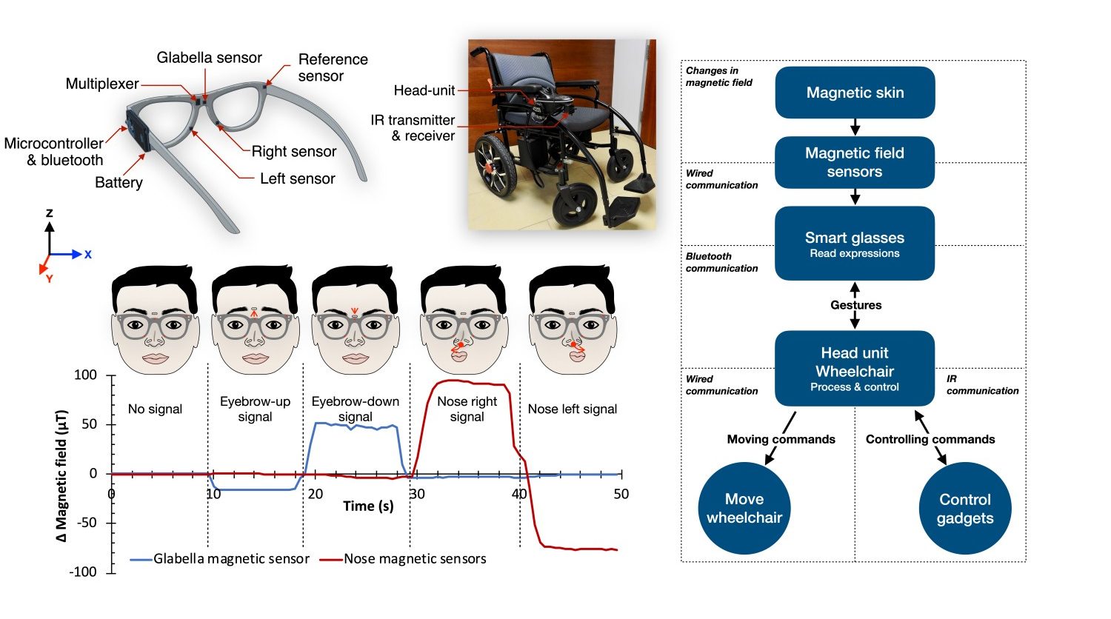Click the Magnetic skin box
[855, 93]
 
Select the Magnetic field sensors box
[855, 162]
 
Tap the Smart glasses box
[855, 243]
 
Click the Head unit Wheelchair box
[855, 368]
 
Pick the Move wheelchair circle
[744, 508]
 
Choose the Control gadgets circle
[964, 508]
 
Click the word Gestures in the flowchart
[855, 305]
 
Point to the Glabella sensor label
[209, 58]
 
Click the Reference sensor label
[332, 67]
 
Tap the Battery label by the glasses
[119, 182]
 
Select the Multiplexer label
[102, 84]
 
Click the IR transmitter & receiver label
[413, 127]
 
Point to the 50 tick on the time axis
[621, 494]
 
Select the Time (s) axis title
[368, 506]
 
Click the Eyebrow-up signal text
[255, 409]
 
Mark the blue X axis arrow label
[87, 255]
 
